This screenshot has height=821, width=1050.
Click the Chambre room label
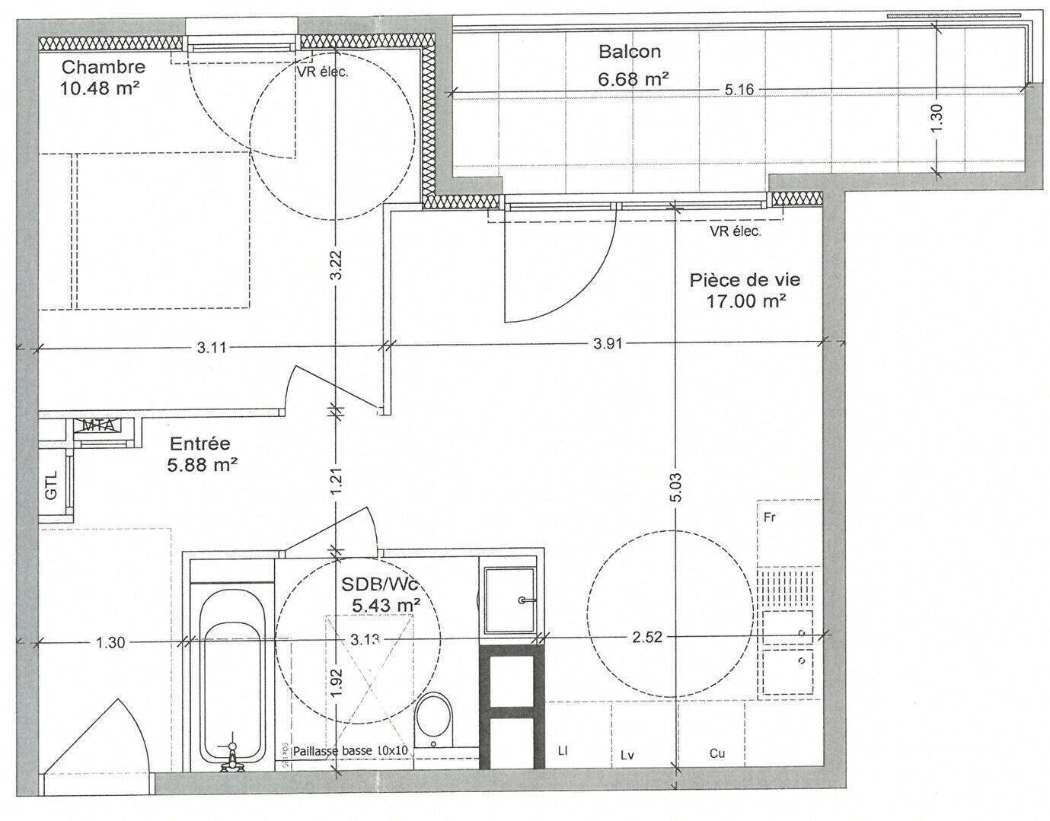(104, 67)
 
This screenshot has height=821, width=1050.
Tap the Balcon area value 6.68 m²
(634, 79)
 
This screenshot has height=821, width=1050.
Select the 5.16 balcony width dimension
(739, 91)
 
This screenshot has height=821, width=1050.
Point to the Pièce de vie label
(745, 280)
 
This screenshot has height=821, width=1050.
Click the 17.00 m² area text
(745, 302)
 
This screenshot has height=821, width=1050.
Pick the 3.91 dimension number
(608, 344)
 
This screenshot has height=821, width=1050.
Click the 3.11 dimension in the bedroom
(212, 348)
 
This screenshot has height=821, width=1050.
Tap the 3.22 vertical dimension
(337, 264)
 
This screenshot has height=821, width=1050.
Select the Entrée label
(200, 443)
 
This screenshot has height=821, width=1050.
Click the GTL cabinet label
(51, 485)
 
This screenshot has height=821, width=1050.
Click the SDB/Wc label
(380, 584)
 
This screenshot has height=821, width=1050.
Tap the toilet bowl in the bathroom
(434, 720)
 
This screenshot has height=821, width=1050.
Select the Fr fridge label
(770, 518)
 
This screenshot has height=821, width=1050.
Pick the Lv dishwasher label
(627, 755)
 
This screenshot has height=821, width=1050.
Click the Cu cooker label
(717, 753)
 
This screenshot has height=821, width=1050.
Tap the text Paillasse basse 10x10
(351, 750)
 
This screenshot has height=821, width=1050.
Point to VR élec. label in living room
(736, 231)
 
